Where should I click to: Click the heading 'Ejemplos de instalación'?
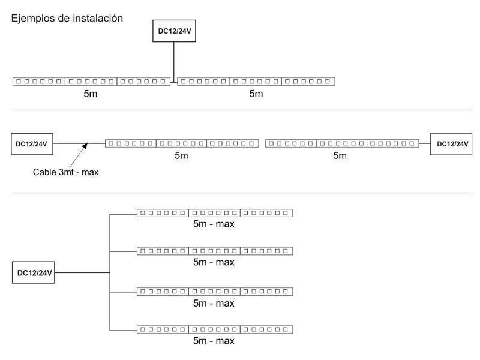[x=67, y=19]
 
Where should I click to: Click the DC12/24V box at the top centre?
[x=173, y=32]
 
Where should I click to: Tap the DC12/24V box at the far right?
[x=452, y=144]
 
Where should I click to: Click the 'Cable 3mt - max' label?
[x=65, y=172]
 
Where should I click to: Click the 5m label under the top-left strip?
[x=91, y=94]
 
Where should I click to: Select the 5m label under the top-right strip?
[x=256, y=94]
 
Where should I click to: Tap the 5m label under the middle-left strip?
[x=181, y=156]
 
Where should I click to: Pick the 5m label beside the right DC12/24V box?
[x=340, y=156]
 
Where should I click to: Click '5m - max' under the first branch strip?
[x=214, y=224]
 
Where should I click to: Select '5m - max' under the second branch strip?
[x=214, y=262]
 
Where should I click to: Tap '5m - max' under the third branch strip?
[x=214, y=303]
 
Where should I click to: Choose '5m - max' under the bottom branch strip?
[x=214, y=341]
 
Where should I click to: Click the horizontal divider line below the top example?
[x=240, y=110]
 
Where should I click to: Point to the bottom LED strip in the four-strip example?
[x=214, y=329]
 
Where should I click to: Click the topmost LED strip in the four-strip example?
[x=214, y=212]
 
